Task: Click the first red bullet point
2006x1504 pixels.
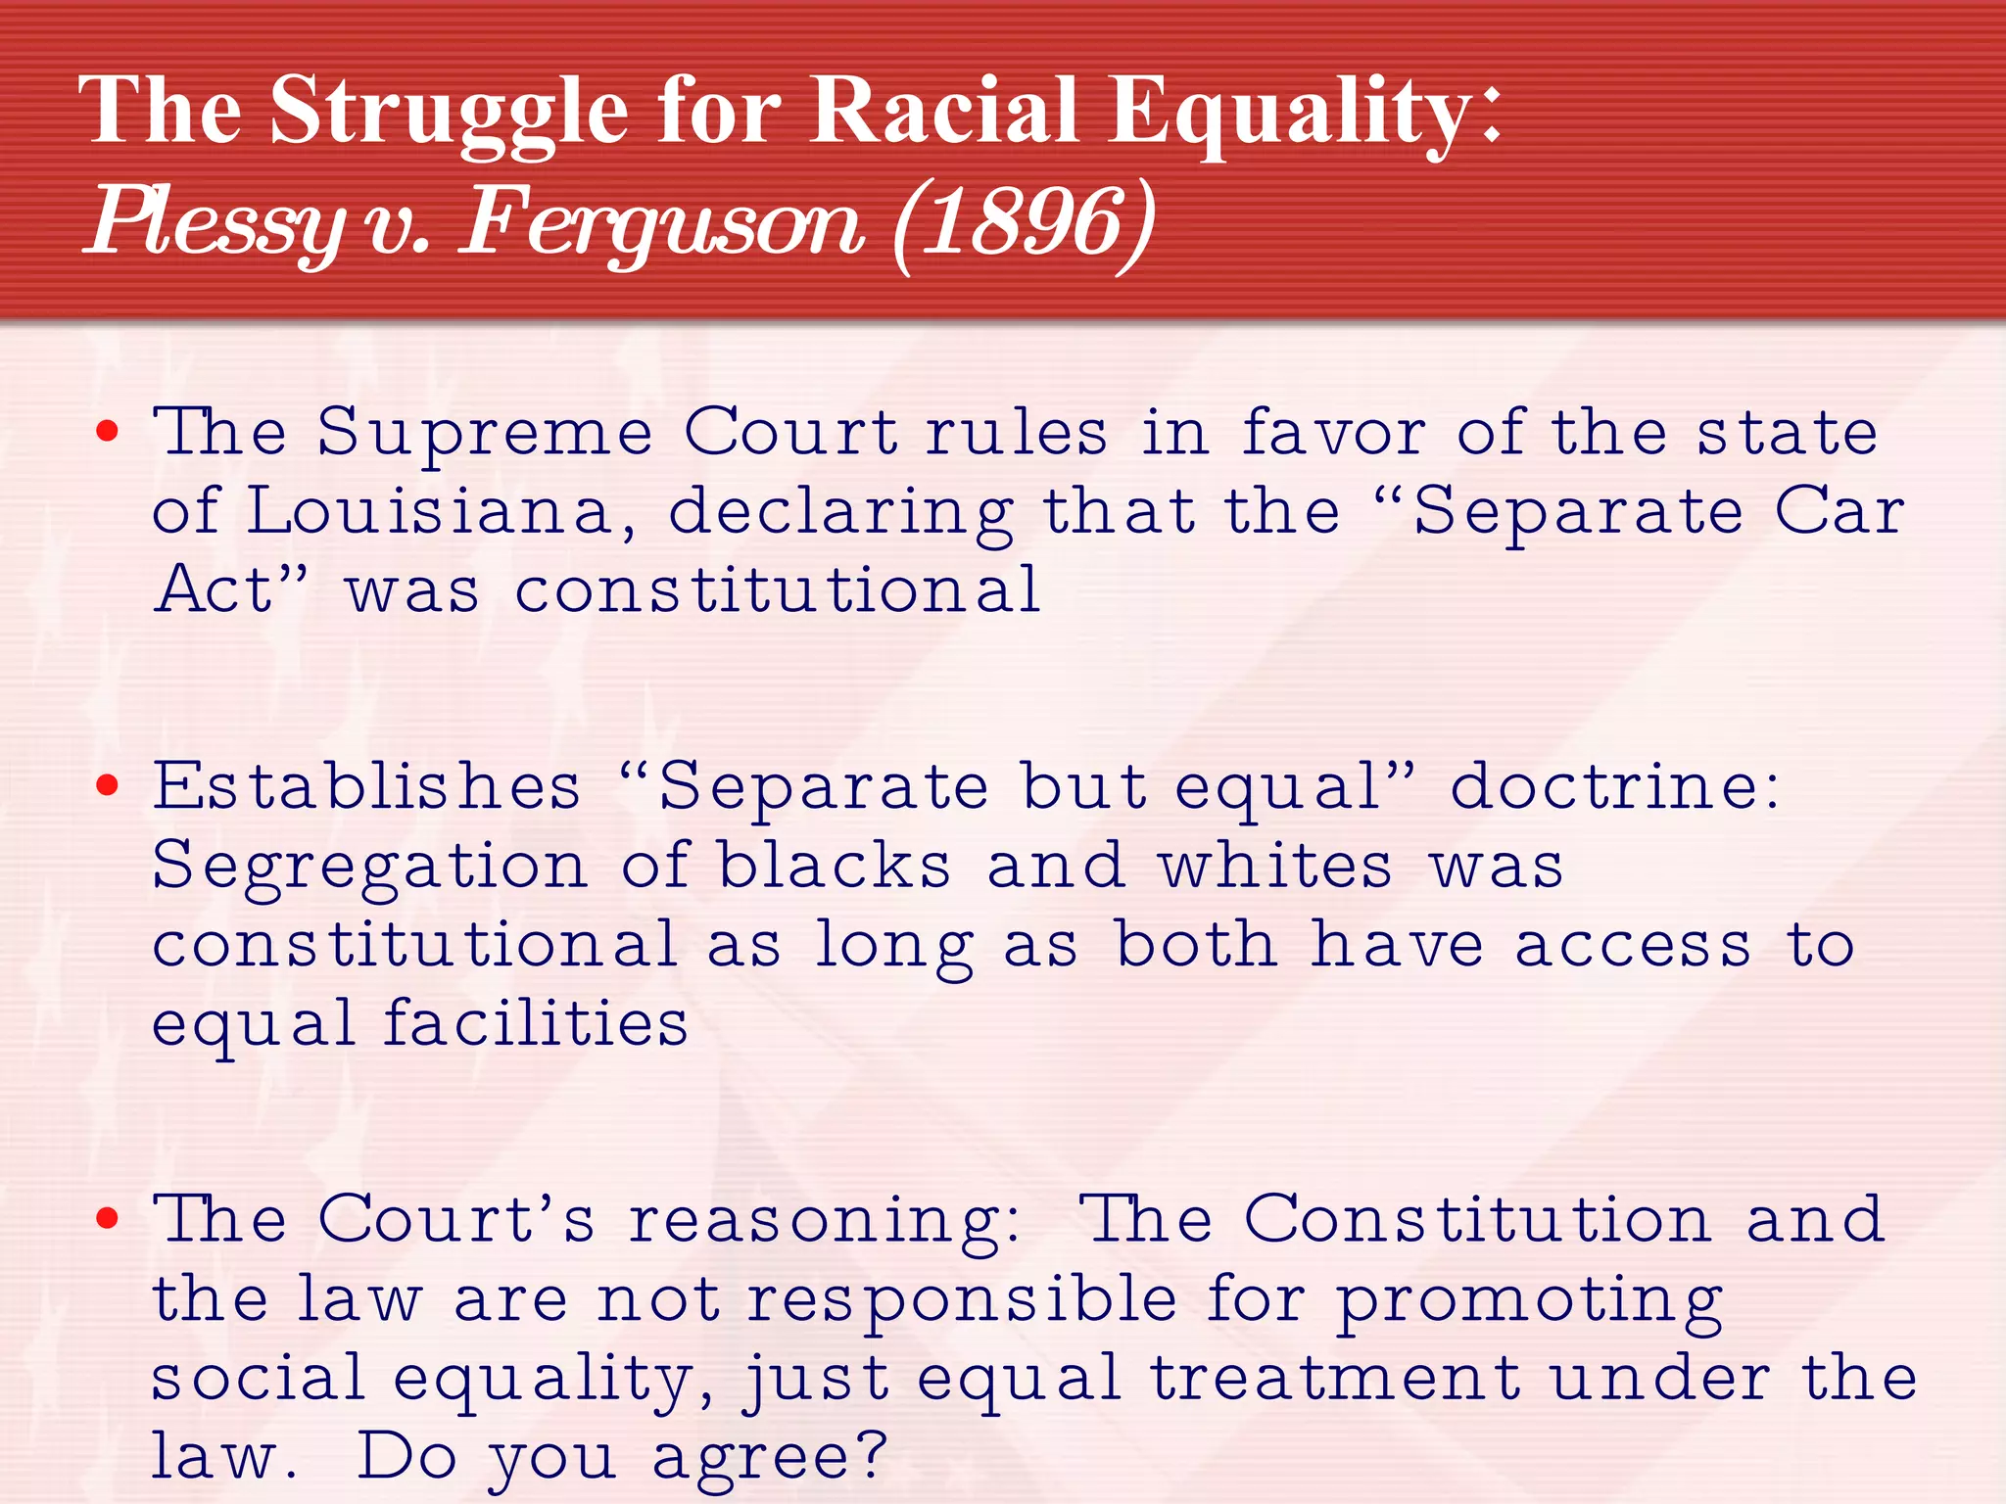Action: [x=108, y=431]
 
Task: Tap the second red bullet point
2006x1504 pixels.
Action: [x=108, y=785]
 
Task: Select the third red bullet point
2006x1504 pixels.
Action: [x=108, y=1219]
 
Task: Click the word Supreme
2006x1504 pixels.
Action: [x=485, y=434]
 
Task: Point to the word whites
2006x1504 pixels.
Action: [x=1274, y=867]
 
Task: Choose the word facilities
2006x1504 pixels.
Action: [x=535, y=1024]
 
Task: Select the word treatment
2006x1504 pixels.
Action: [x=1334, y=1379]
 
